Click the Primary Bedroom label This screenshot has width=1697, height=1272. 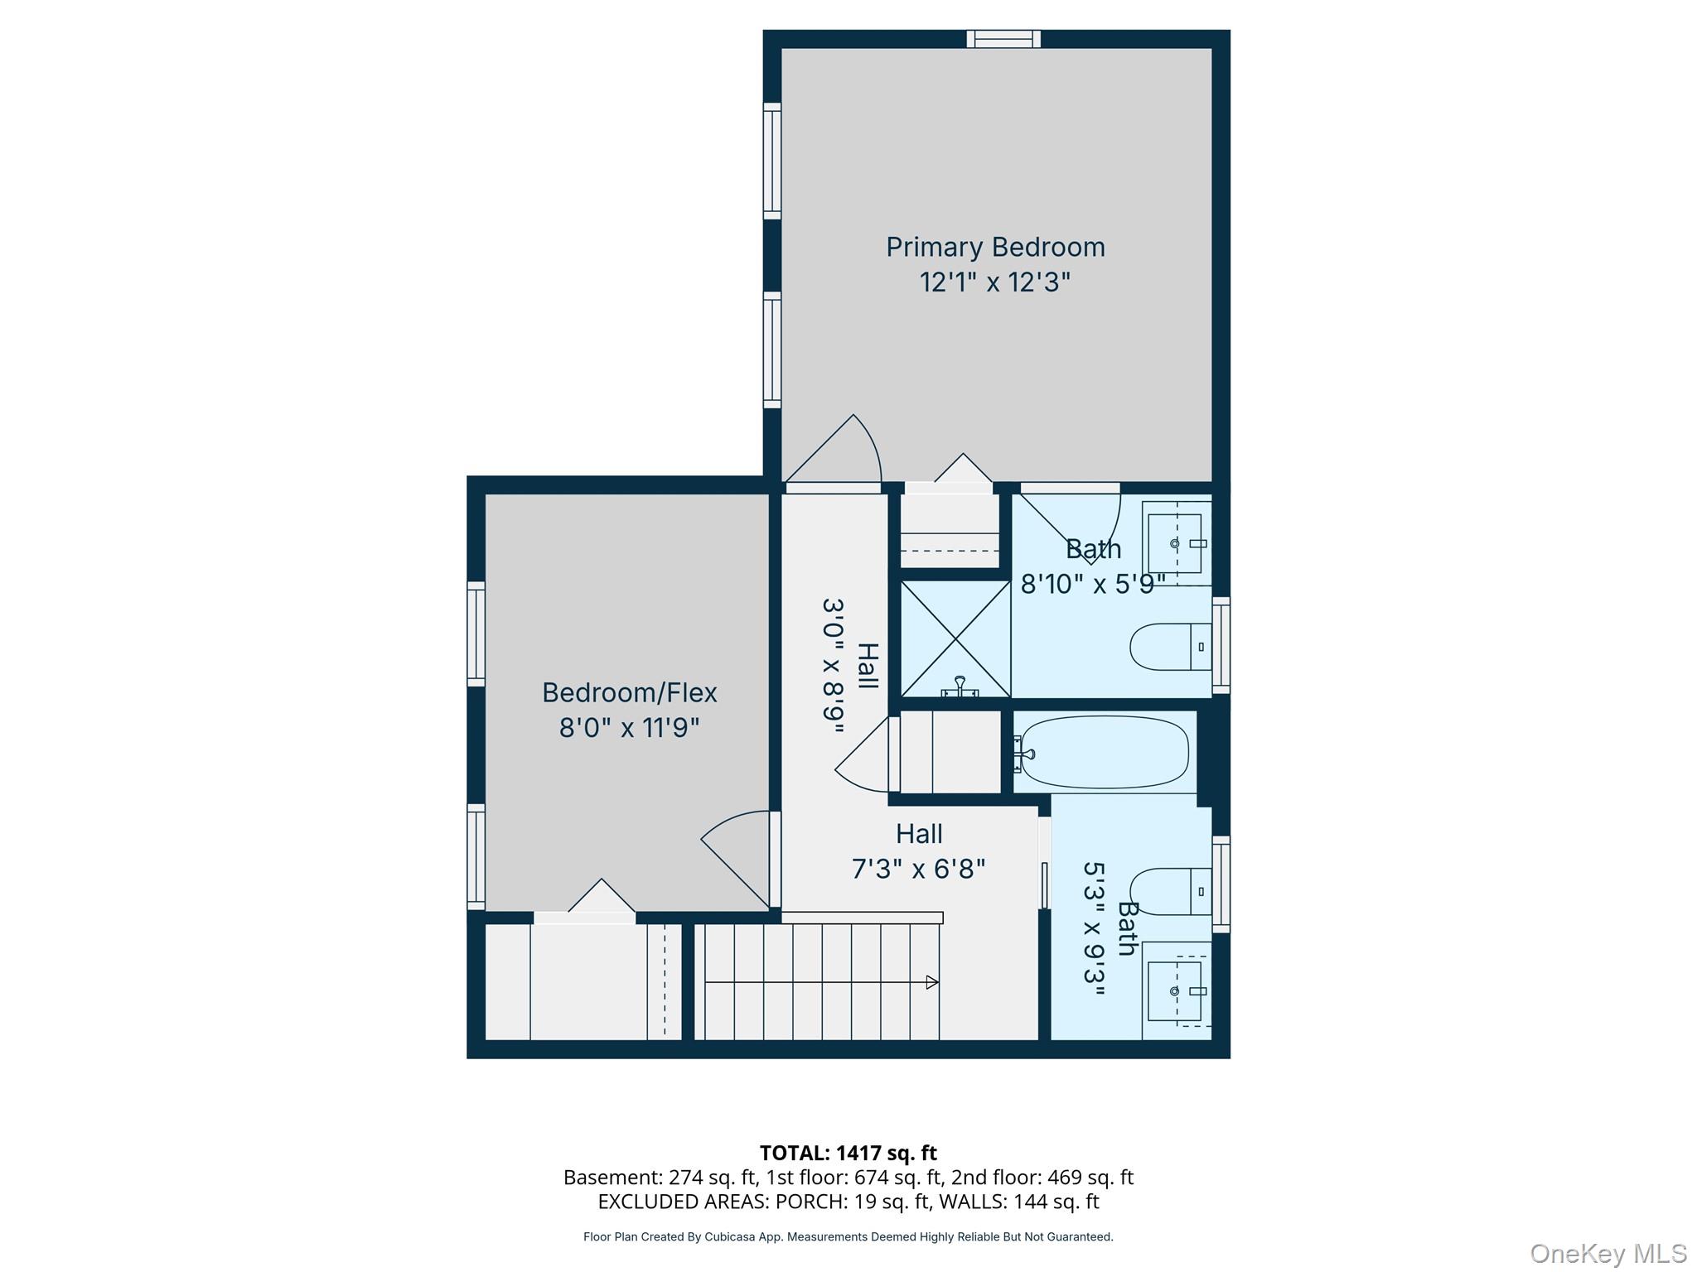pyautogui.click(x=995, y=247)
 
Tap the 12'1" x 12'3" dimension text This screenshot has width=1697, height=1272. pyautogui.click(x=995, y=282)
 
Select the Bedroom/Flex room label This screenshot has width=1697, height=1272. pyautogui.click(x=630, y=692)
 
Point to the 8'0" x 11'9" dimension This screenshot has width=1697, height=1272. pyautogui.click(x=630, y=728)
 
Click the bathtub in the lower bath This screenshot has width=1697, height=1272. pyautogui.click(x=1104, y=752)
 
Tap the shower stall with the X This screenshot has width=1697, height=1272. pyautogui.click(x=955, y=638)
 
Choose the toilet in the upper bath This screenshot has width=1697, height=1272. pyautogui.click(x=1171, y=647)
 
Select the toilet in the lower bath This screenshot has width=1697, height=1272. pyautogui.click(x=1171, y=892)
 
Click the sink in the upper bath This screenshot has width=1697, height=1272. pyautogui.click(x=1176, y=543)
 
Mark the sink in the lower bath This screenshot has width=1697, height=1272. pyautogui.click(x=1176, y=990)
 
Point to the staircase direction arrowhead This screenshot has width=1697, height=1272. pyautogui.click(x=932, y=982)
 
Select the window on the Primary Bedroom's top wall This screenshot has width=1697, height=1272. pyautogui.click(x=1003, y=39)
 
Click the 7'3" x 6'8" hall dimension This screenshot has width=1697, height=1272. pyautogui.click(x=919, y=869)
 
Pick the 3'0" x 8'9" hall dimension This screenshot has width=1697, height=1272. pyautogui.click(x=833, y=666)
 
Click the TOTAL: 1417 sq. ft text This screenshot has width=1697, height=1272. pyautogui.click(x=848, y=1153)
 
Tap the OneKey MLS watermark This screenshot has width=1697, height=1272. pyautogui.click(x=1608, y=1254)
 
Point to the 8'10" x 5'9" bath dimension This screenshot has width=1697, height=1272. pyautogui.click(x=1094, y=585)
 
